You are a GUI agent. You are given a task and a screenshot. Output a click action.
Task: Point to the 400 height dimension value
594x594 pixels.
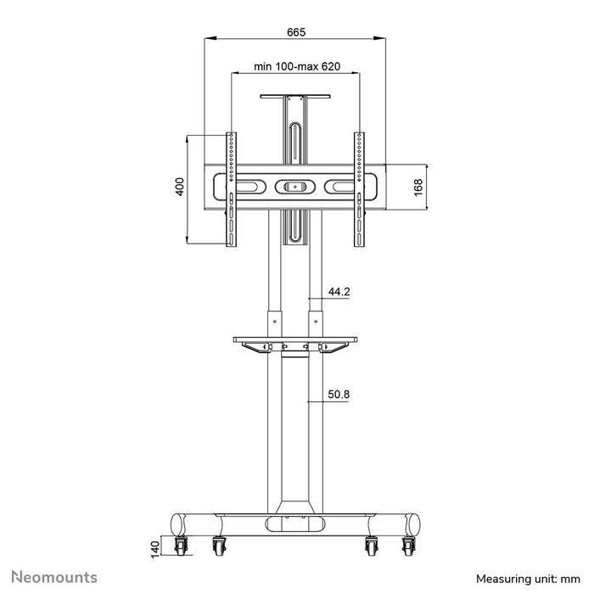(180, 188)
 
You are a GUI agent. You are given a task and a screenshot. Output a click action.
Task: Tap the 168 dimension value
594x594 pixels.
(418, 188)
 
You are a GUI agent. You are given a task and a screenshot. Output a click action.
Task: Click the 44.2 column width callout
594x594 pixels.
(339, 292)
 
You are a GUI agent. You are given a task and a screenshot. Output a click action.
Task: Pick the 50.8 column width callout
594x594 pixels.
(339, 394)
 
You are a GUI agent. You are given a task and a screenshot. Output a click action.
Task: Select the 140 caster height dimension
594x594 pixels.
(154, 551)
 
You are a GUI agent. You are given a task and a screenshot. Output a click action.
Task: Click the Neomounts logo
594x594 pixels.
(54, 578)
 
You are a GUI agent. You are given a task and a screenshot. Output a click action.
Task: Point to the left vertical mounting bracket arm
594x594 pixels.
(231, 188)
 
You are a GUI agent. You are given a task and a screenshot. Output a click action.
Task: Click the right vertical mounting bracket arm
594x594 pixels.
(360, 188)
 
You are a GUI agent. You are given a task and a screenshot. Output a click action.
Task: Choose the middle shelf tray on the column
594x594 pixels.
(295, 343)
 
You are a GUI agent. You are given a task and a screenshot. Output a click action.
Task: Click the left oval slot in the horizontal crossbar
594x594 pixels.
(248, 186)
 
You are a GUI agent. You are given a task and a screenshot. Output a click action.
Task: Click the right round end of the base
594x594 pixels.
(412, 523)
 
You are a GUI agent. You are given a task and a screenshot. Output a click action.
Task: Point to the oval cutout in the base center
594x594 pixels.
(295, 524)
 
